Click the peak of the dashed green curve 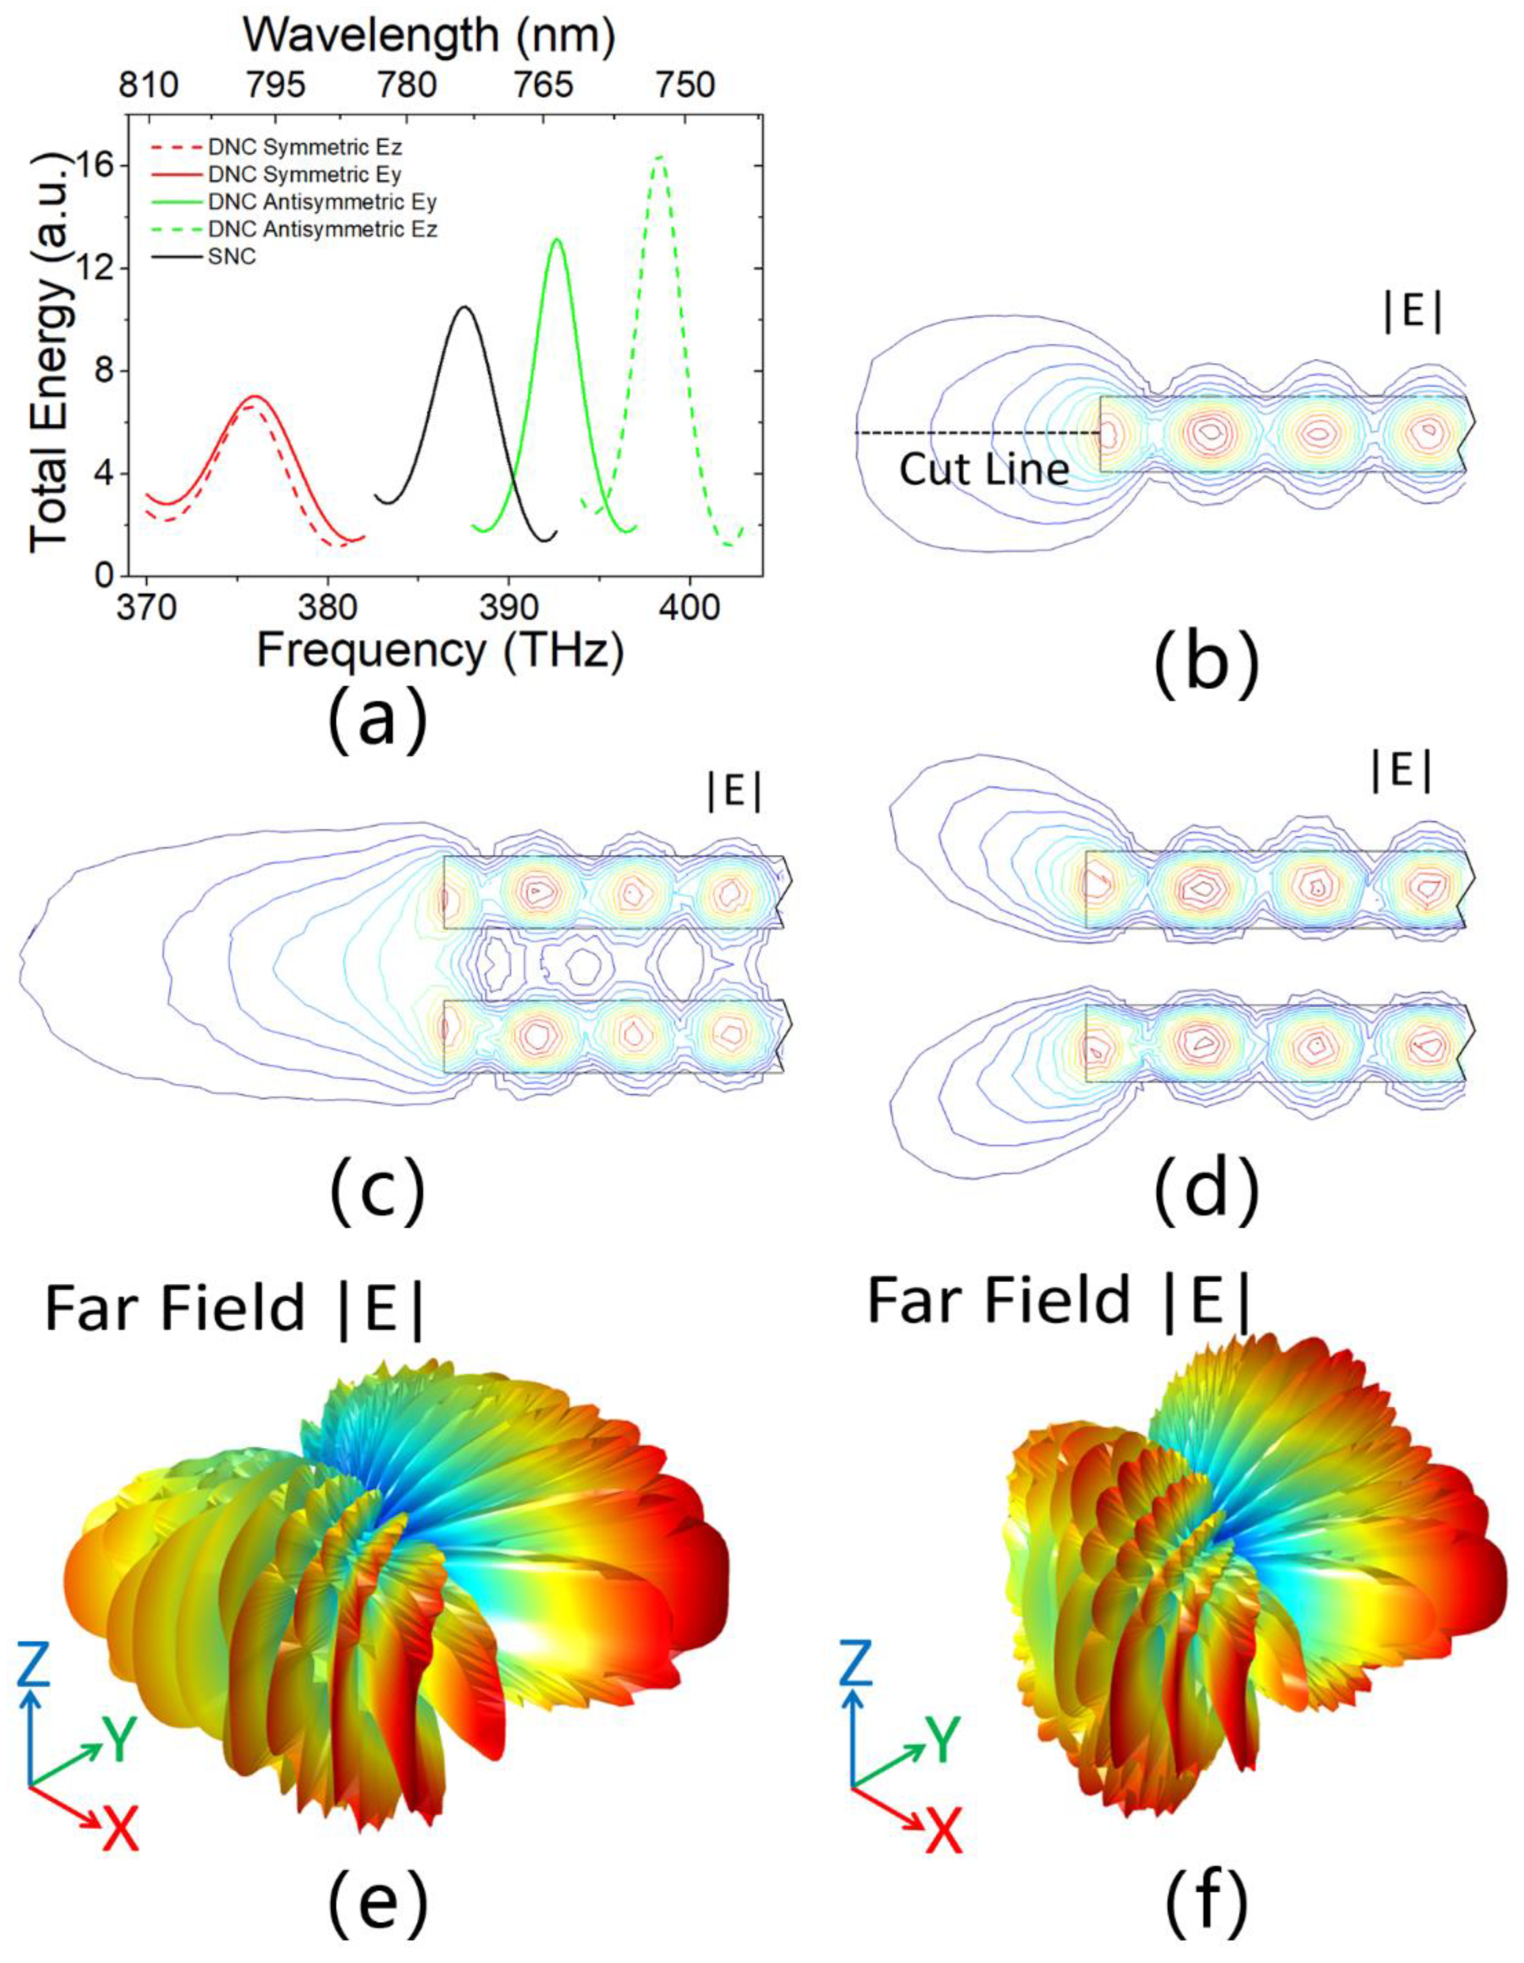pos(661,157)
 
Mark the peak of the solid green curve pos(557,239)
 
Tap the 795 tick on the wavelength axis pos(274,85)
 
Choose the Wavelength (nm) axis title pos(429,34)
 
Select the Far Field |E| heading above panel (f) pos(1058,1300)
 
